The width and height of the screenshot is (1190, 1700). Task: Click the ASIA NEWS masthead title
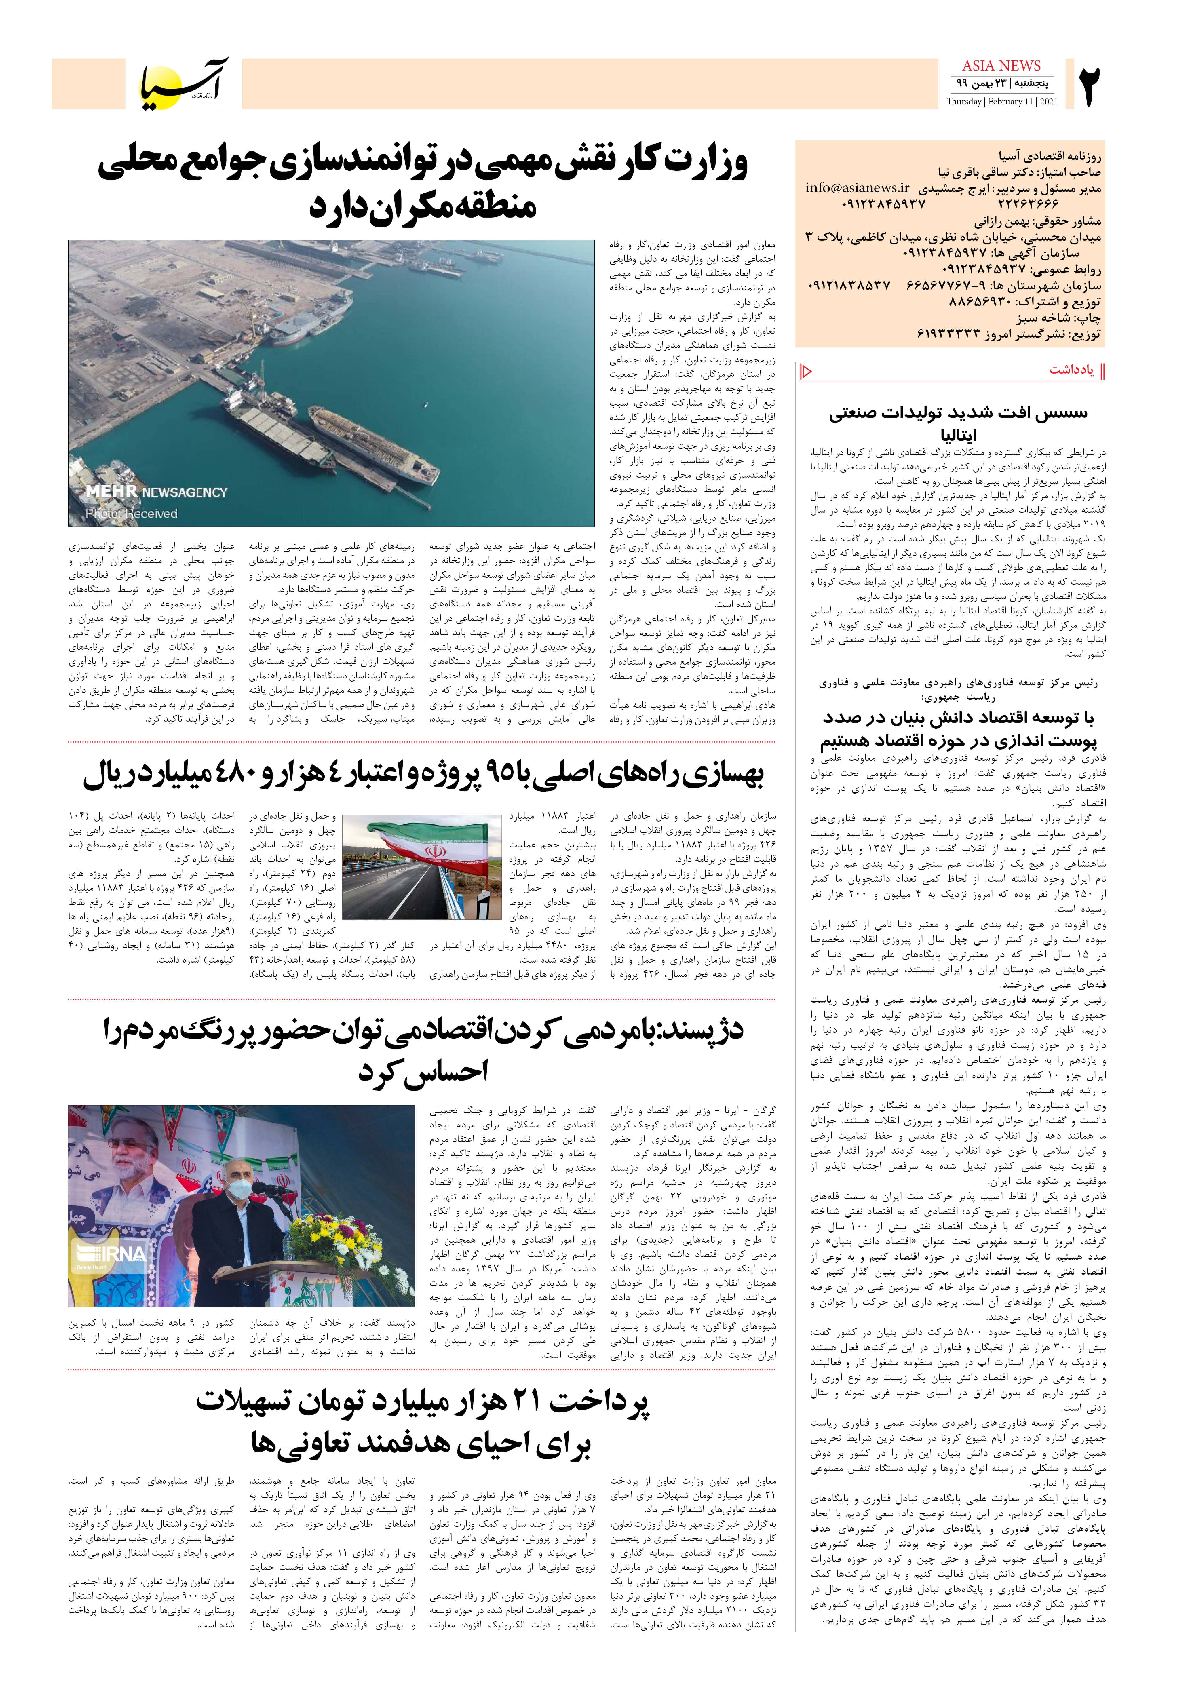(1001, 66)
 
